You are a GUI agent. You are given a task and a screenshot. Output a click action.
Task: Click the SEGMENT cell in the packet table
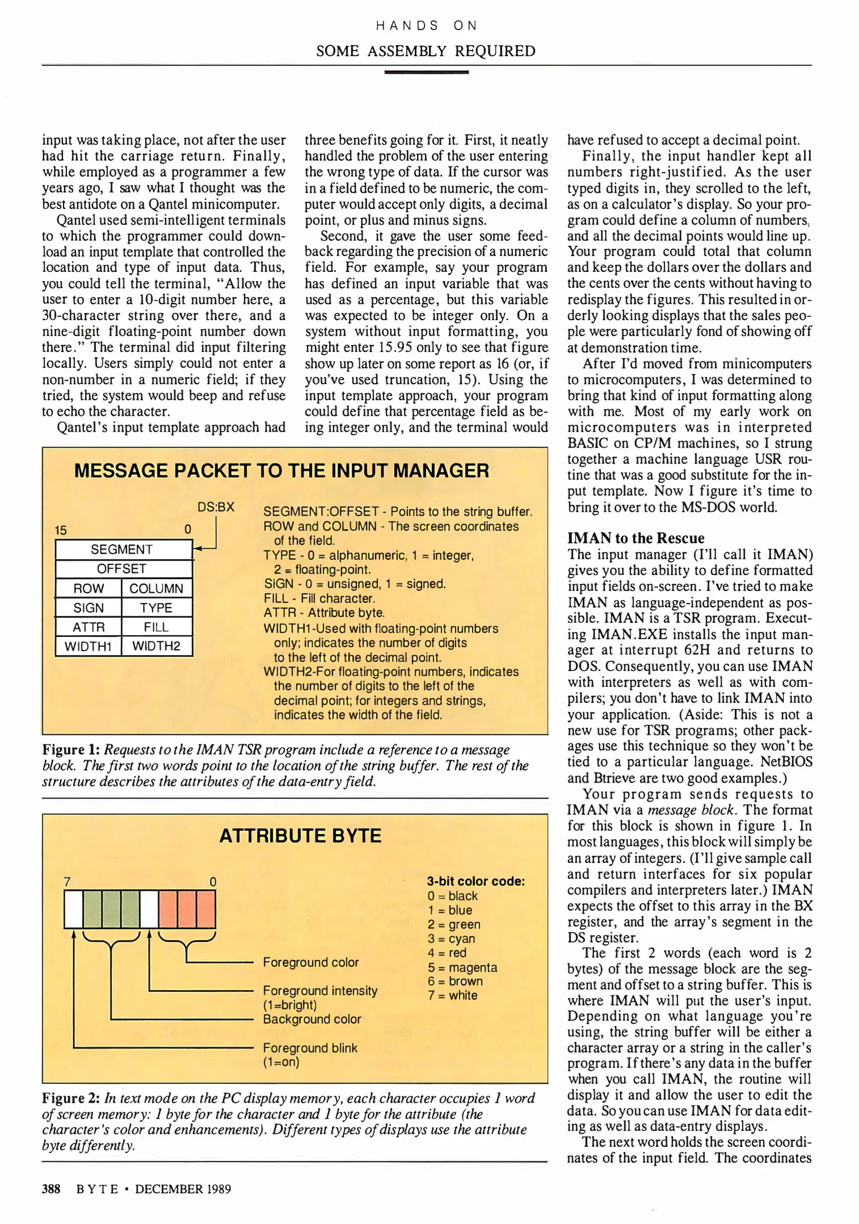pyautogui.click(x=122, y=549)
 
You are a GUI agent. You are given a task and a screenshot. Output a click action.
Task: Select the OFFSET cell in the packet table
pyautogui.click(x=122, y=568)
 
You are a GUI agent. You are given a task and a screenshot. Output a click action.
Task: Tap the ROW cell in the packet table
pyautogui.click(x=88, y=588)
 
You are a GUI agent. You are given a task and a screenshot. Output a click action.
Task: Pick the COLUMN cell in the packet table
pyautogui.click(x=156, y=588)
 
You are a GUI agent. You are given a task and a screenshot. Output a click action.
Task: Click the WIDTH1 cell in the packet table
pyautogui.click(x=88, y=646)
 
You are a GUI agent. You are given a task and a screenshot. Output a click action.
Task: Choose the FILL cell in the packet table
pyautogui.click(x=156, y=627)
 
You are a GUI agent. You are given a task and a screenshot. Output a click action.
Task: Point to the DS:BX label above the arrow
pyautogui.click(x=215, y=507)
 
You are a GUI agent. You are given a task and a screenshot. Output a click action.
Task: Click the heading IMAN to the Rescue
pyautogui.click(x=636, y=538)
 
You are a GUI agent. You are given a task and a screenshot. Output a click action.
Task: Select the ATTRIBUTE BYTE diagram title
pyautogui.click(x=300, y=836)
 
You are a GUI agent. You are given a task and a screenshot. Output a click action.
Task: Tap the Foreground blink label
pyautogui.click(x=310, y=1048)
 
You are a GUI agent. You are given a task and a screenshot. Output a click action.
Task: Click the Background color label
pyautogui.click(x=312, y=1019)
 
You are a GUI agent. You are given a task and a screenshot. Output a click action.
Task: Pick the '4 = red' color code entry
pyautogui.click(x=447, y=953)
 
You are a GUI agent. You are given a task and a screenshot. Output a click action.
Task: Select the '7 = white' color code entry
pyautogui.click(x=452, y=995)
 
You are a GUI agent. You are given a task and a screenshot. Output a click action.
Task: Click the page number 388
pyautogui.click(x=51, y=1188)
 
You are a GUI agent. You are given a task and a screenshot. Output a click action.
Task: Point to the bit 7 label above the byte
pyautogui.click(x=67, y=882)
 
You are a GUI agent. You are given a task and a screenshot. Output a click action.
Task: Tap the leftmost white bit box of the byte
pyautogui.click(x=74, y=909)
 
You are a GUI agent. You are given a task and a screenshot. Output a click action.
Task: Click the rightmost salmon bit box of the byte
pyautogui.click(x=206, y=909)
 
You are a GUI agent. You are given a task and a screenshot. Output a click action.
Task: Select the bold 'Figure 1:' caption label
pyautogui.click(x=71, y=750)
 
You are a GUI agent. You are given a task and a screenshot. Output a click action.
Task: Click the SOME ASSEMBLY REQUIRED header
pyautogui.click(x=426, y=51)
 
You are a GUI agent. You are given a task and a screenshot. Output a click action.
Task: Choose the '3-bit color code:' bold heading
pyautogui.click(x=475, y=881)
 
